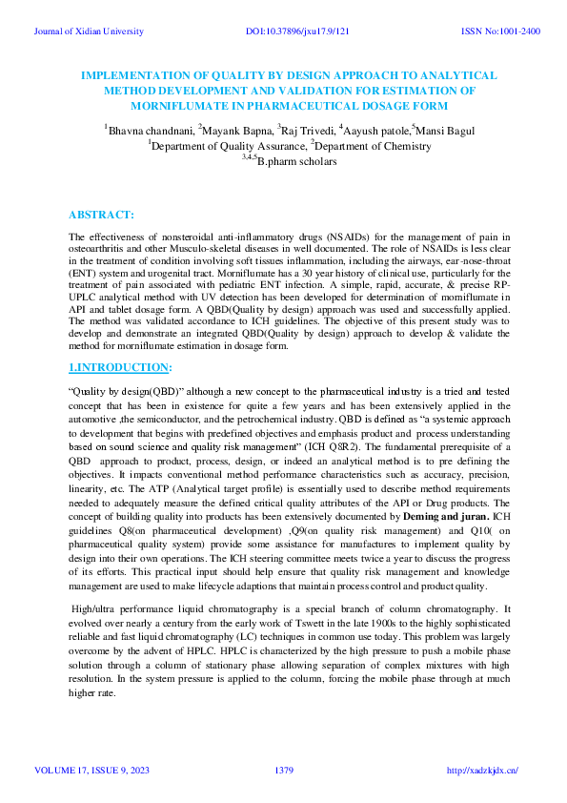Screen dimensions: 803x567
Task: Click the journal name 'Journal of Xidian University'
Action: tap(88, 31)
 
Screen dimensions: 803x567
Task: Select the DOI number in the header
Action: tap(297, 31)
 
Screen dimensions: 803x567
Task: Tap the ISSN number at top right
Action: tap(500, 31)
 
